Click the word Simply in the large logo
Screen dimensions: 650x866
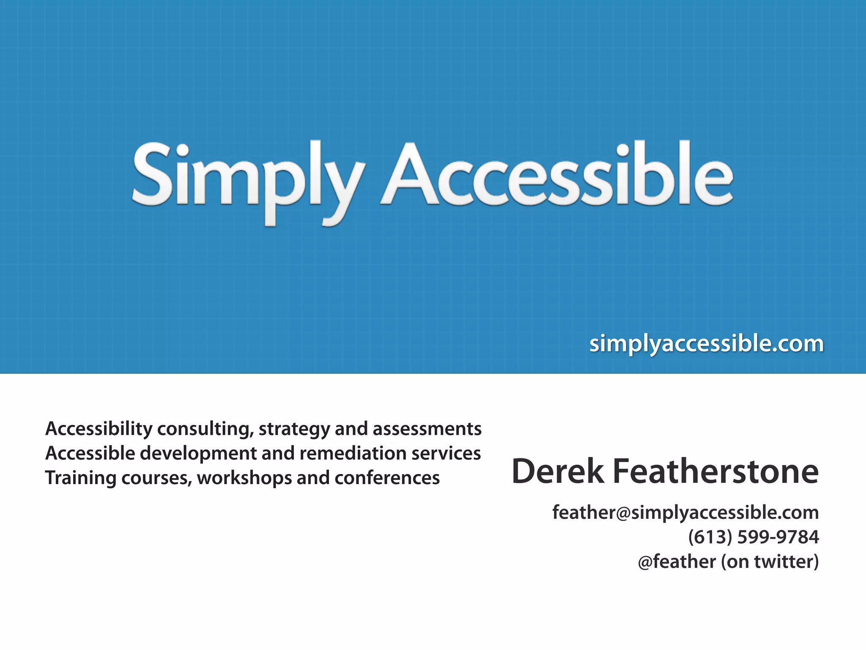pos(247,178)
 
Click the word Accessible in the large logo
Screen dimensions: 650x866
pos(556,176)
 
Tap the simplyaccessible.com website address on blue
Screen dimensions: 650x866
pos(706,344)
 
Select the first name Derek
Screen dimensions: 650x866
pos(557,471)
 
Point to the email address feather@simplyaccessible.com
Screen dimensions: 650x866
pos(685,512)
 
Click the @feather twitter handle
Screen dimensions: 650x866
pos(677,562)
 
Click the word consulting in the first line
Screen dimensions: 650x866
pos(206,429)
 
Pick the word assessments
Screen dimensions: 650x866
pos(427,429)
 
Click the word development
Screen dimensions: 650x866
pos(198,453)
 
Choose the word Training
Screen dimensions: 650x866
pos(80,478)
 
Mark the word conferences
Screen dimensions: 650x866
pos(387,478)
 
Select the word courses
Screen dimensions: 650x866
pos(156,478)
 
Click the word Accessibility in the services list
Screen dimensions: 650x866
pos(99,429)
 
